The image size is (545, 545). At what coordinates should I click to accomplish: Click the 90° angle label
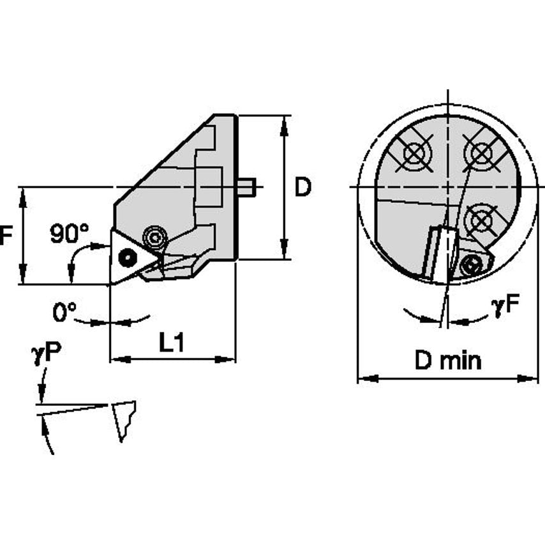click(x=70, y=234)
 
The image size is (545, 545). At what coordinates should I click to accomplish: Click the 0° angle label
click(x=64, y=312)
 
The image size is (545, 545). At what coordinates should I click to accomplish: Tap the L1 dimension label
click(x=172, y=344)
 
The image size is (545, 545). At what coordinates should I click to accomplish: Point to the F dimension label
click(x=6, y=236)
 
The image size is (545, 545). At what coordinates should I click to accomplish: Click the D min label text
click(x=447, y=361)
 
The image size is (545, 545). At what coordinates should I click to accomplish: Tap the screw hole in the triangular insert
click(x=128, y=257)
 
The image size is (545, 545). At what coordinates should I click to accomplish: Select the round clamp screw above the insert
click(x=154, y=237)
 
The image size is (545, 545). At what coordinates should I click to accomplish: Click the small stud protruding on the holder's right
click(x=246, y=187)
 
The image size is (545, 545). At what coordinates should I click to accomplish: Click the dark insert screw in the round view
click(x=472, y=264)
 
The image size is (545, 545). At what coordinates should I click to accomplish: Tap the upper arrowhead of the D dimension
click(x=283, y=121)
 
